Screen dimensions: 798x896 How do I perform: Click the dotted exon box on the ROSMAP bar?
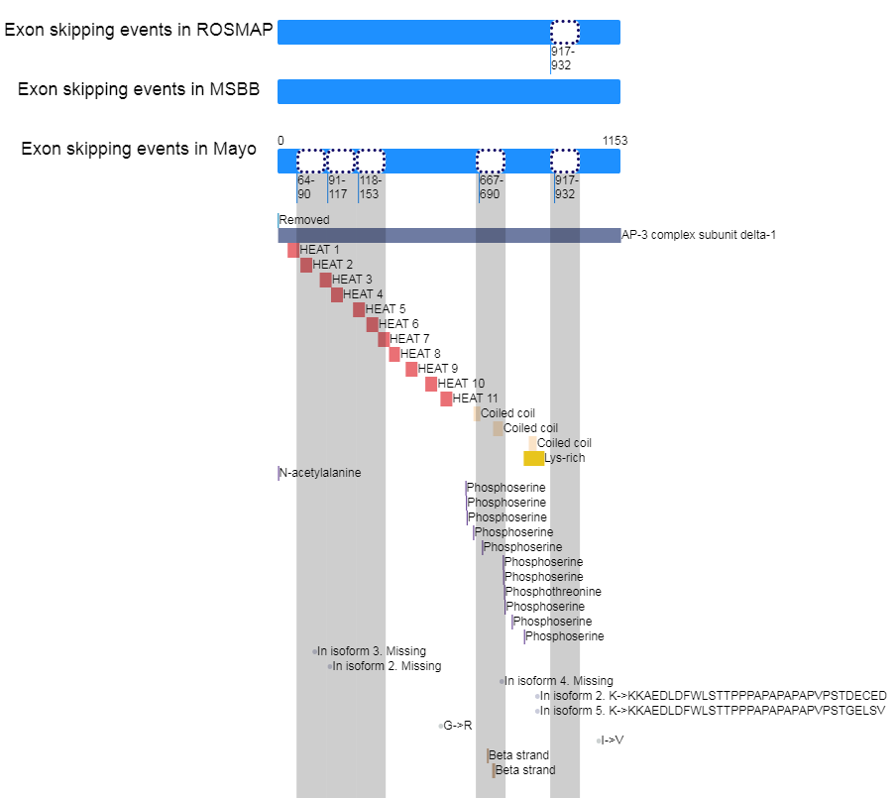(565, 32)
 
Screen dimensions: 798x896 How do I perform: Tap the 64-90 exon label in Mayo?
(305, 187)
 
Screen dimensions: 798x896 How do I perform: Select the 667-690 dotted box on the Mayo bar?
(491, 161)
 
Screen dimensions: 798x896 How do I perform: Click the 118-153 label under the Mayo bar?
(370, 187)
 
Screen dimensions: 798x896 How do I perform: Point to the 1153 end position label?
(615, 141)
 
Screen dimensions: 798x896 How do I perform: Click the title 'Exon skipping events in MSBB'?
(139, 90)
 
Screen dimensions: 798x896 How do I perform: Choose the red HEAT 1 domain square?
(293, 250)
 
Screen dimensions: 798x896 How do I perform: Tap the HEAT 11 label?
(476, 399)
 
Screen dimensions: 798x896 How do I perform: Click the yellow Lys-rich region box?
(533, 458)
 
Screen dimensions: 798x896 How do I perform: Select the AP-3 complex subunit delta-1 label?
(700, 235)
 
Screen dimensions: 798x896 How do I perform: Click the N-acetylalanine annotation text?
(320, 473)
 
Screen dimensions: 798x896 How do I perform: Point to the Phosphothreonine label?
(553, 592)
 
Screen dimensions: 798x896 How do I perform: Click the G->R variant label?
(457, 726)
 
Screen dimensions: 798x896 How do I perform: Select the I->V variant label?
(613, 741)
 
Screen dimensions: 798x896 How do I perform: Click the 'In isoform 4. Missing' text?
(559, 681)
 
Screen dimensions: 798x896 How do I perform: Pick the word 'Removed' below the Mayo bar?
(304, 220)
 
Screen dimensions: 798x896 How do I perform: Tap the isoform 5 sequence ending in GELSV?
(713, 711)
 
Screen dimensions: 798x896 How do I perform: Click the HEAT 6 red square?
(372, 324)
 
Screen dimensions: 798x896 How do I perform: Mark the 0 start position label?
(280, 141)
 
